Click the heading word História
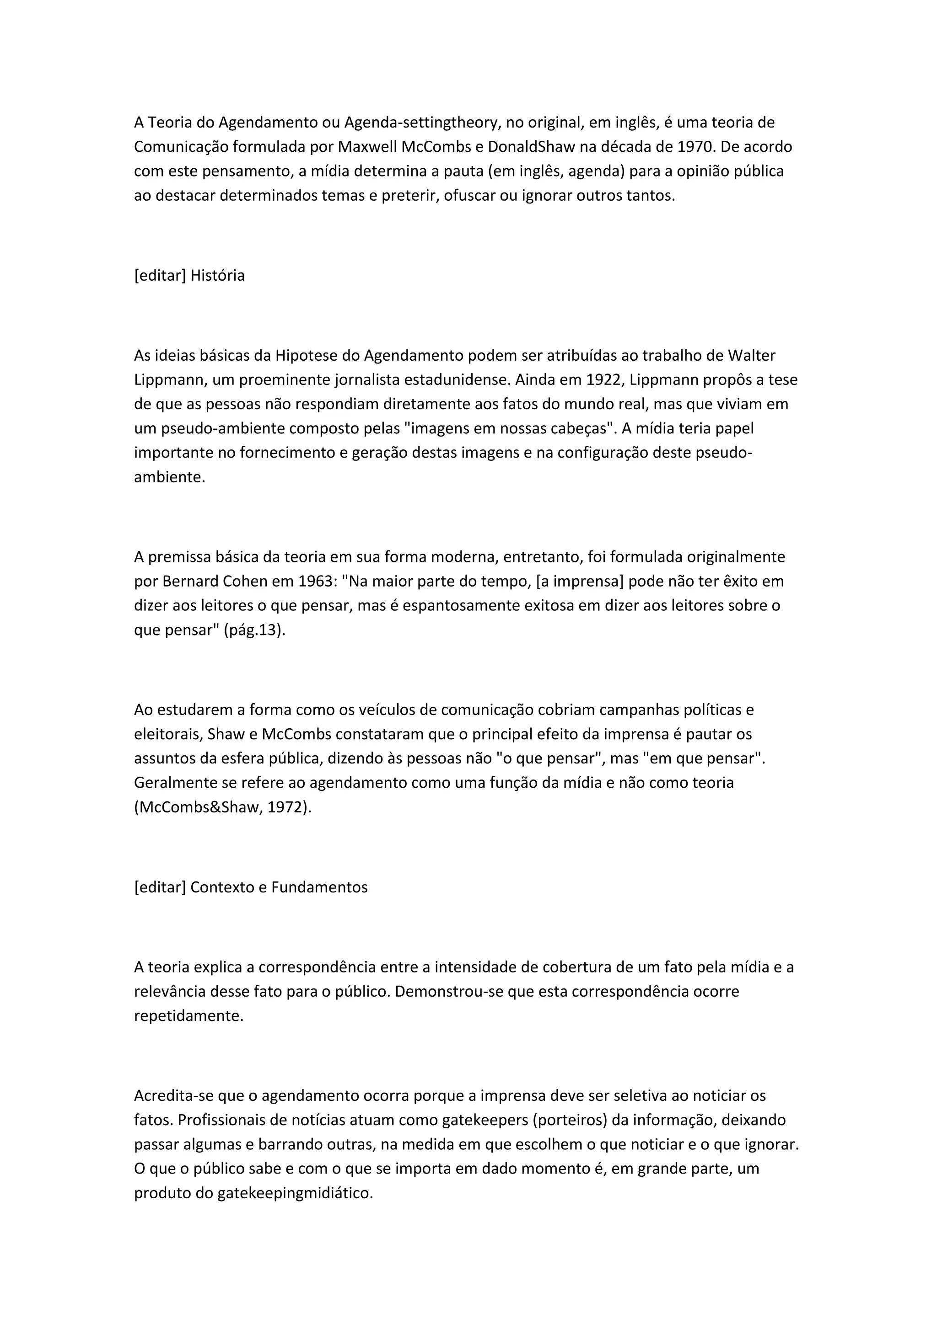pos(217,276)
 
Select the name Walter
pos(751,355)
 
